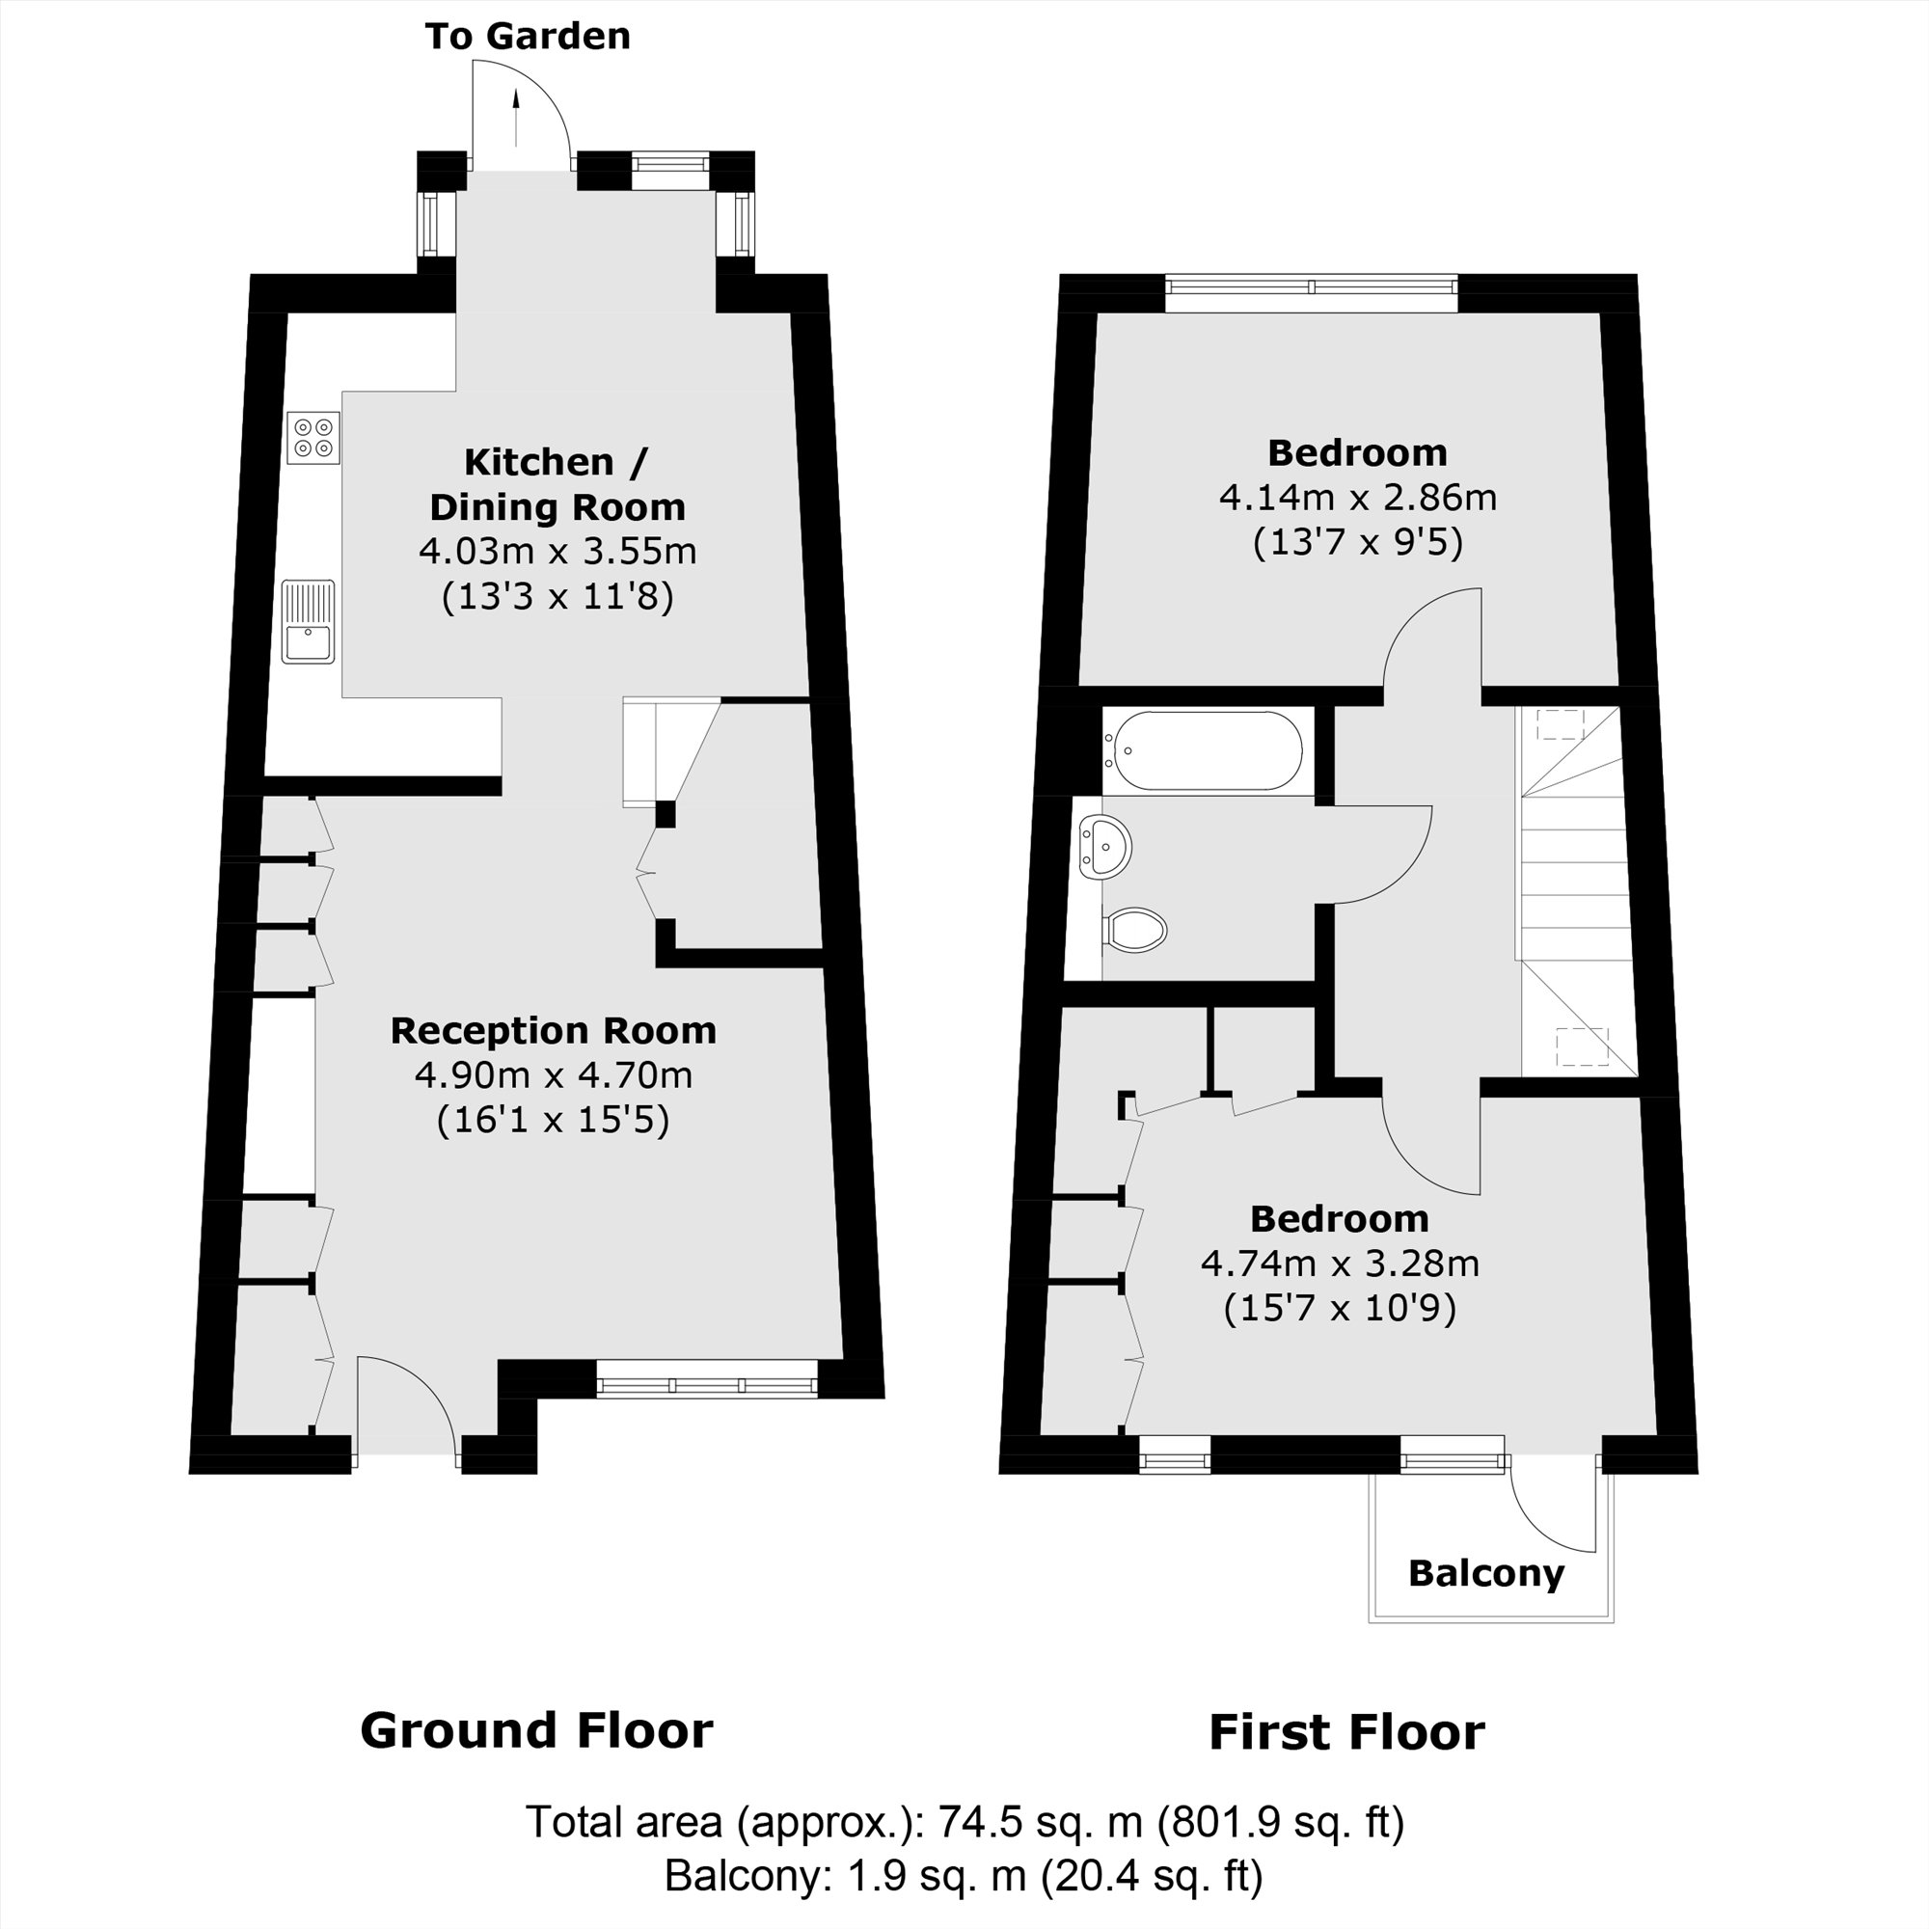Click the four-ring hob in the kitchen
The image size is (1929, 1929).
coord(313,438)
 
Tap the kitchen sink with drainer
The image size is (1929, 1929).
coord(309,622)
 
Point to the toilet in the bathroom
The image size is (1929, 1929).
coord(1137,930)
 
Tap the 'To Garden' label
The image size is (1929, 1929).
coord(528,36)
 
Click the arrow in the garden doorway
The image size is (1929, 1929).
coord(516,117)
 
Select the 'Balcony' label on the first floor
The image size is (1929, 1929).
coord(1485,1575)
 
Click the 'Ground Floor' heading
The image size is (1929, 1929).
coord(536,1730)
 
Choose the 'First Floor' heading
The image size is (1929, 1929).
coord(1345,1732)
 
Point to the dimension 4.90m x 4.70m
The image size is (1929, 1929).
coord(553,1075)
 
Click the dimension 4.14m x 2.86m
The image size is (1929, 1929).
coord(1357,498)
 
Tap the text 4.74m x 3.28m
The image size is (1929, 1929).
coord(1339,1264)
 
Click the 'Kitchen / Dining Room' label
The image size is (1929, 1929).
coord(557,484)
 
